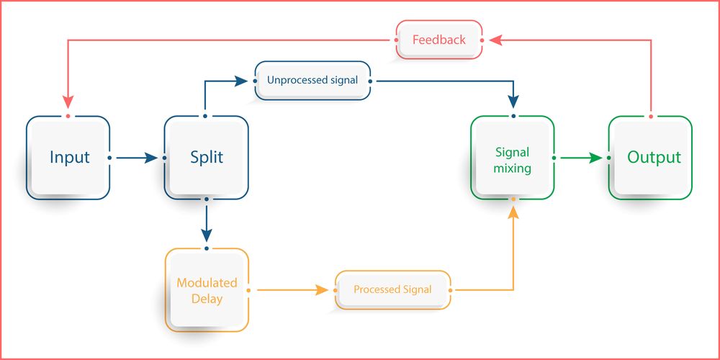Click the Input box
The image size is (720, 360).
point(68,157)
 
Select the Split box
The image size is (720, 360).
point(207,157)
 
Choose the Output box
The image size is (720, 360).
point(650,157)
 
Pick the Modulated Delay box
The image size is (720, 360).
point(207,289)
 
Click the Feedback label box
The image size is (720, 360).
point(438,40)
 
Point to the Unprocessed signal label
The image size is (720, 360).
point(312,80)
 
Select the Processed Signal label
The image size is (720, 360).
point(392,289)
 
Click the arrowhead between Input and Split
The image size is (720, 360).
point(151,157)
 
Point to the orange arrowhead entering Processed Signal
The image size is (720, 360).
point(323,289)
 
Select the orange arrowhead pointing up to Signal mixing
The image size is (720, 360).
point(513,211)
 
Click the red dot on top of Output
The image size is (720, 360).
point(650,116)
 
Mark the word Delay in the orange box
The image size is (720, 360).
point(207,298)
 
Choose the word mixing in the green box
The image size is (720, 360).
point(513,168)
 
